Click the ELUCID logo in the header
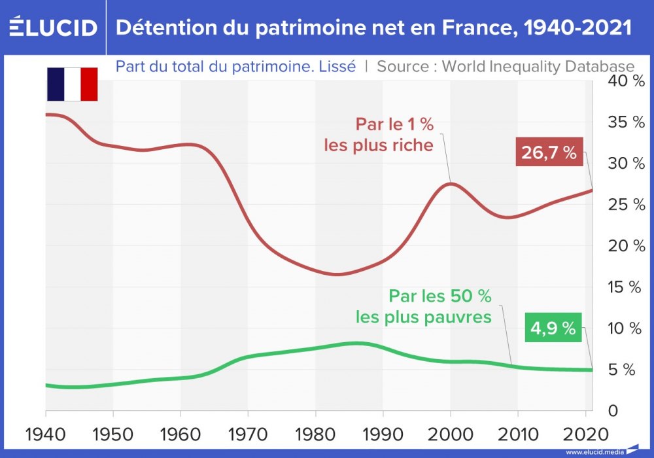point(53,27)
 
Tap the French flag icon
point(72,84)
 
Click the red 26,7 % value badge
point(549,153)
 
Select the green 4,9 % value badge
point(553,329)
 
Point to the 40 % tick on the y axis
point(627,81)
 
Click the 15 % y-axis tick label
point(627,287)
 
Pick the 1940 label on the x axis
point(46,434)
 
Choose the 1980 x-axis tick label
point(315,434)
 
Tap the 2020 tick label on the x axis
point(585,434)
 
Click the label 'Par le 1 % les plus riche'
point(379,135)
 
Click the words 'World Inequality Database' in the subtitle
point(538,67)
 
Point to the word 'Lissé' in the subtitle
point(338,67)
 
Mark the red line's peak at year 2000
point(451,183)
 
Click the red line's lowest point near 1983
point(336,274)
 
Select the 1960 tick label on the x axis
point(181,434)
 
